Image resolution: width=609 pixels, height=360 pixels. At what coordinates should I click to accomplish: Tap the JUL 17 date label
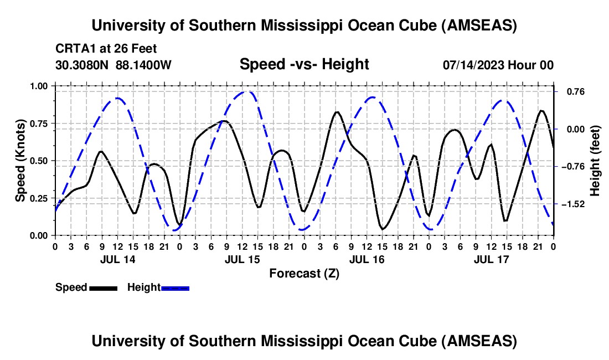[x=491, y=259]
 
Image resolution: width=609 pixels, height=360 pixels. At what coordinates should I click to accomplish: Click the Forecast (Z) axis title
[x=304, y=273]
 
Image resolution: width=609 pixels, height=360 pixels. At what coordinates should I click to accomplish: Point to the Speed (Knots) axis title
[x=20, y=161]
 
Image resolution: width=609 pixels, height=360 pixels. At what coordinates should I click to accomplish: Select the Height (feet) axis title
[x=595, y=161]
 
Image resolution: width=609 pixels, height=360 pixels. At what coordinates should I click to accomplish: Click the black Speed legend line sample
[x=103, y=288]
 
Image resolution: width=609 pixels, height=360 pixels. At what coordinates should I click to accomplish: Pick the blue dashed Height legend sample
[x=176, y=288]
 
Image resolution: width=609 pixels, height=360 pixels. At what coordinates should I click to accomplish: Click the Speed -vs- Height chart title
[x=304, y=64]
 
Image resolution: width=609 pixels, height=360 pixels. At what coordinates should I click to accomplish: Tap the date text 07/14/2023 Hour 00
[x=498, y=65]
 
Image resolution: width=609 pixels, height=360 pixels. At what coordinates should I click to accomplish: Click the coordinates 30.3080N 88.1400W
[x=113, y=65]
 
